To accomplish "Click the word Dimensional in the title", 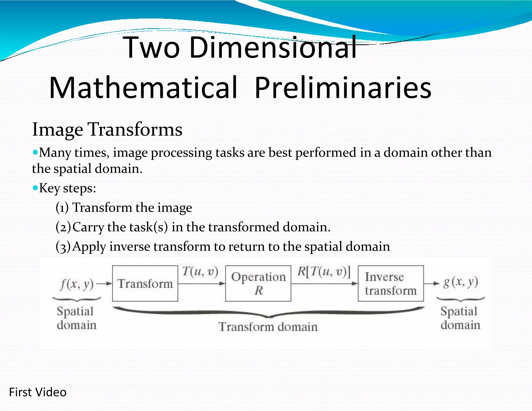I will [x=273, y=47].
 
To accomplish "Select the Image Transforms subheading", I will [x=107, y=129].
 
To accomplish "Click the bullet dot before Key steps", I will [x=35, y=188].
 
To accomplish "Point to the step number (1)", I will [x=62, y=208].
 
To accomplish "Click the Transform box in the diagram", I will [x=145, y=283].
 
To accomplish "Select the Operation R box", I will [x=258, y=283].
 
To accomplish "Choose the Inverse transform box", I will [x=390, y=283].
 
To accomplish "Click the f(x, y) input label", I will [x=77, y=284].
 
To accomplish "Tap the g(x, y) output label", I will [x=461, y=282].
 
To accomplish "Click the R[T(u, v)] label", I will [x=324, y=272].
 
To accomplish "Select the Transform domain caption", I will [x=268, y=327].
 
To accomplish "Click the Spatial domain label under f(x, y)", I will [x=76, y=318].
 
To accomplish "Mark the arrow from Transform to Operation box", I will [x=201, y=284].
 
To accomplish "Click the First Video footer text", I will [x=38, y=392].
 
